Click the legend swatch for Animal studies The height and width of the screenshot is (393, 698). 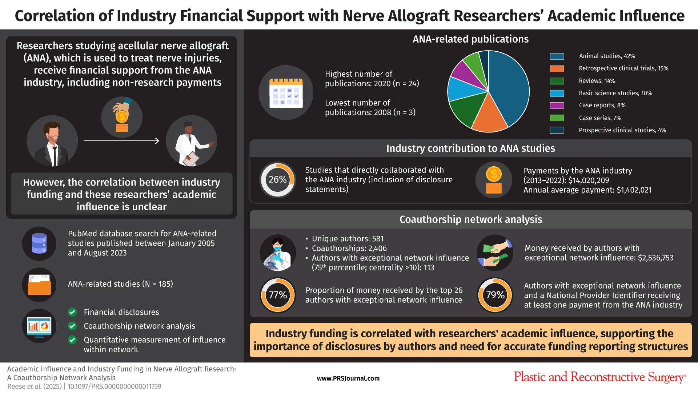pos(557,56)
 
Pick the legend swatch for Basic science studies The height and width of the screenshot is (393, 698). pos(557,93)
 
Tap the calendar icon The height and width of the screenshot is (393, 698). pos(286,93)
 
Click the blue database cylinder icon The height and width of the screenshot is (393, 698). pos(39,243)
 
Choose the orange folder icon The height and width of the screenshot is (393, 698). pos(39,285)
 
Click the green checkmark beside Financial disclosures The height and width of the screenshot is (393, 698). pos(72,312)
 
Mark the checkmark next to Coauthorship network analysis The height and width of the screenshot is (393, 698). pos(72,326)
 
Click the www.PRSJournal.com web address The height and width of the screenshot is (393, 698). pos(348,378)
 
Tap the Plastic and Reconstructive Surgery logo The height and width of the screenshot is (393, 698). pos(600,377)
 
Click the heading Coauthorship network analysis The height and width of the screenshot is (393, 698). pos(471,219)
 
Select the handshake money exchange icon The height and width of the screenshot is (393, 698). pos(495,253)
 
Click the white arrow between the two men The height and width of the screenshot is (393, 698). pos(121,141)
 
